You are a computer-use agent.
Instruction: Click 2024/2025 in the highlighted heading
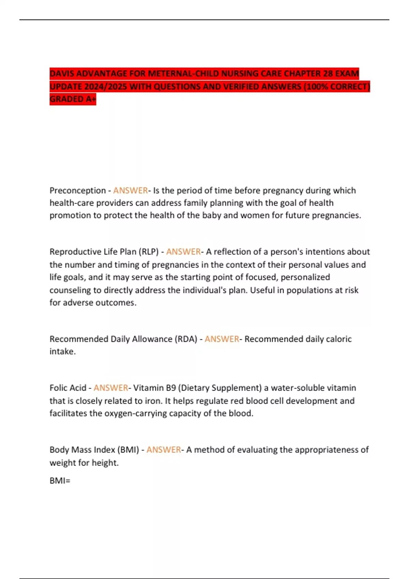(x=106, y=87)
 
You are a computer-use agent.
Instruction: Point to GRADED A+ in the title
(x=73, y=99)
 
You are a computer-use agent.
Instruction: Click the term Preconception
(x=78, y=190)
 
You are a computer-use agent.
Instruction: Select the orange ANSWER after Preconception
(x=131, y=190)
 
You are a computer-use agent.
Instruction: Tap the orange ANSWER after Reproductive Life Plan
(x=183, y=252)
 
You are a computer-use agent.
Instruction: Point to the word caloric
(x=339, y=339)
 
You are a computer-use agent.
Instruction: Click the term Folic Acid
(x=68, y=388)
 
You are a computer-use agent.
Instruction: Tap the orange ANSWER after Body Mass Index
(x=164, y=450)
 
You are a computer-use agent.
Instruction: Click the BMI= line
(x=60, y=481)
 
